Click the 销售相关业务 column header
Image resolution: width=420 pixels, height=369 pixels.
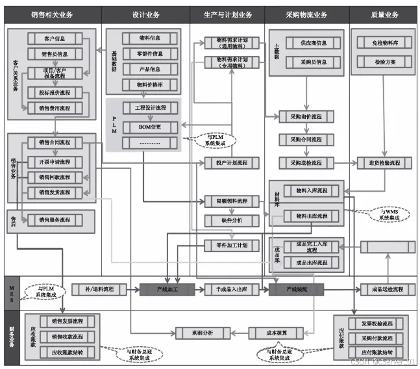50,14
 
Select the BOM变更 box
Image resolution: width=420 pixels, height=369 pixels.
149,126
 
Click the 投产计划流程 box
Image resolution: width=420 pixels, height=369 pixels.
227,162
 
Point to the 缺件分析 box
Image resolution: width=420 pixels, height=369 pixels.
227,220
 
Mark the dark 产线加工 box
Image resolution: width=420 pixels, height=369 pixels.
167,289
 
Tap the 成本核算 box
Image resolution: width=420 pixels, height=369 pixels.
267,333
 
